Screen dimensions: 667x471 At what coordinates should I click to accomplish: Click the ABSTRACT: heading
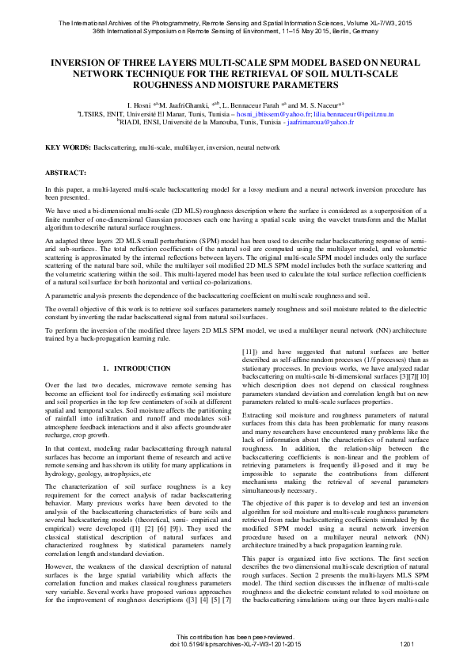tap(66, 172)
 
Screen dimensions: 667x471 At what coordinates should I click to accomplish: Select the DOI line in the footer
tap(236, 644)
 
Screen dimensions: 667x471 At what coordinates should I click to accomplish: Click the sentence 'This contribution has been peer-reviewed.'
tap(236, 637)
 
